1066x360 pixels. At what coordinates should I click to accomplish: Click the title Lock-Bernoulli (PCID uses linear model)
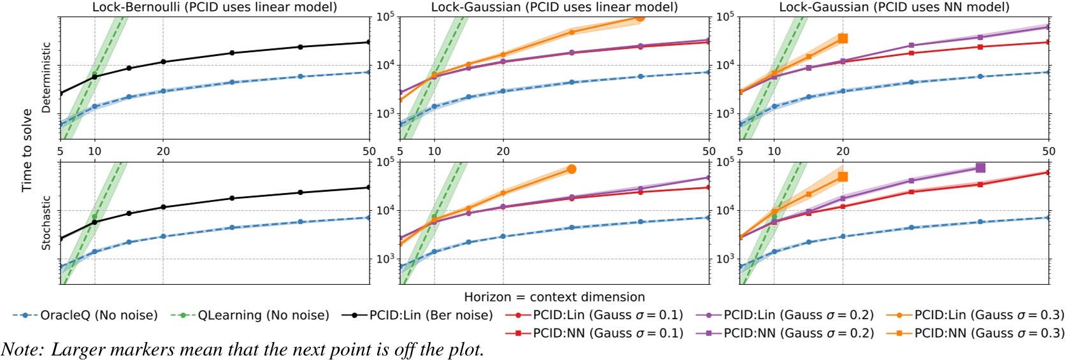click(215, 7)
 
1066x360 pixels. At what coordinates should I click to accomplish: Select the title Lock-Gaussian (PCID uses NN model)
click(894, 7)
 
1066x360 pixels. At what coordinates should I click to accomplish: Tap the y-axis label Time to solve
click(27, 150)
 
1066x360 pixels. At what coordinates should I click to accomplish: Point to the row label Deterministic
click(46, 78)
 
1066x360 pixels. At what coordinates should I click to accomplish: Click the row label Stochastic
click(46, 222)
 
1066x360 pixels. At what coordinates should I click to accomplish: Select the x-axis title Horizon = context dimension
click(554, 297)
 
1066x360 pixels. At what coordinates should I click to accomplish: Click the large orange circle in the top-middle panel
click(640, 17)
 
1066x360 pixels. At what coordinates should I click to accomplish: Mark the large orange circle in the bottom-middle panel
click(572, 169)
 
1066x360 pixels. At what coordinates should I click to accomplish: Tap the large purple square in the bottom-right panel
click(980, 168)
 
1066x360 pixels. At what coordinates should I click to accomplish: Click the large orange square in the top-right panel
click(842, 39)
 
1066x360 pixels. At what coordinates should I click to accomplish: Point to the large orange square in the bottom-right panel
click(842, 176)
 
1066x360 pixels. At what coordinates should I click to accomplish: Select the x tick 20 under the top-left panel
click(163, 151)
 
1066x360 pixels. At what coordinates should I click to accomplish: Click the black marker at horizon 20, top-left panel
click(163, 62)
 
